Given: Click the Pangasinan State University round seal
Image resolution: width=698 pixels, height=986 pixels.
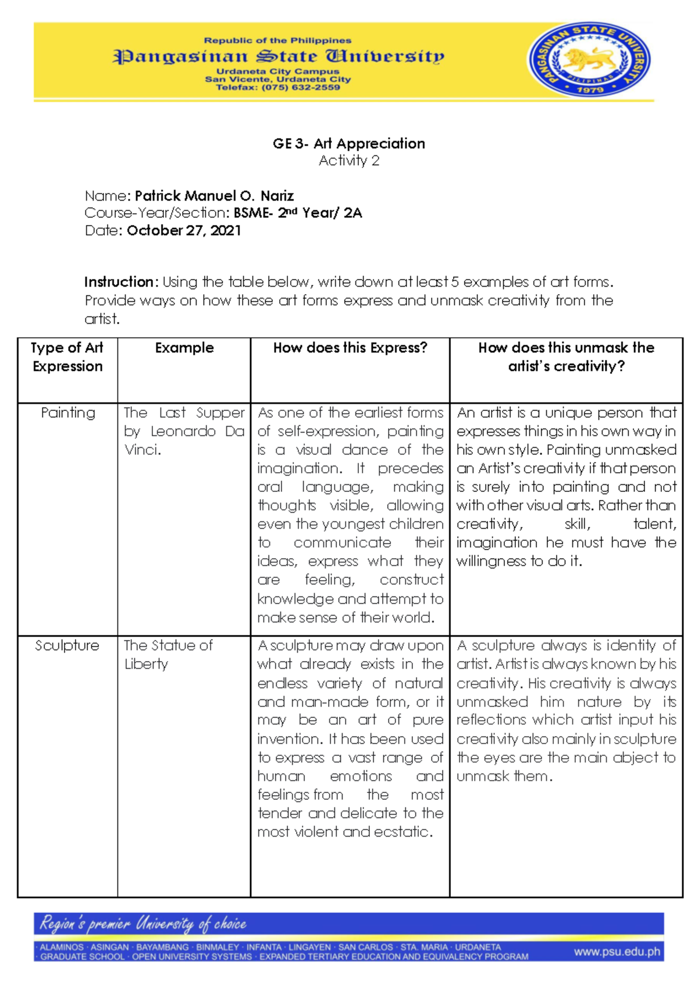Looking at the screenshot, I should point(589,60).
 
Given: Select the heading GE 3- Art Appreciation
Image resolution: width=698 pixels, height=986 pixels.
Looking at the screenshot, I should point(348,143).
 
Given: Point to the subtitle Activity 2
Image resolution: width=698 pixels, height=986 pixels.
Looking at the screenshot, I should point(348,160).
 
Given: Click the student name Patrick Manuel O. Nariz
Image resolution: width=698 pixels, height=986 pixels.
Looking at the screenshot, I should point(214,195).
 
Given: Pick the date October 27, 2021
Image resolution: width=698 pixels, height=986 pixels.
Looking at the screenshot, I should point(184,230).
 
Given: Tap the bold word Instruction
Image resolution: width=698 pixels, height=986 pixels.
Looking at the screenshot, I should point(119,282).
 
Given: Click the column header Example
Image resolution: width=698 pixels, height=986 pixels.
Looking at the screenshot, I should point(184,348).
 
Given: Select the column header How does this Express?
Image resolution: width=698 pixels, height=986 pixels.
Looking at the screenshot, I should point(350,348).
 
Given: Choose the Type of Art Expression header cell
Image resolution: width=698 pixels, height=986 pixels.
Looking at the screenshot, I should point(67,357).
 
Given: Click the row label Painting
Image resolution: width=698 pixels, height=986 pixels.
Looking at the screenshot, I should point(67,413).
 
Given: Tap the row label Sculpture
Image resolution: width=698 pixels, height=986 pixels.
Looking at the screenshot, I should point(67,645).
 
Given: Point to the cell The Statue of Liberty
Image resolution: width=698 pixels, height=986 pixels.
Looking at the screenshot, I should point(168,655).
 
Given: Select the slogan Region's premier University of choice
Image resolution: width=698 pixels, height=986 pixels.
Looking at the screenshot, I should point(143,923).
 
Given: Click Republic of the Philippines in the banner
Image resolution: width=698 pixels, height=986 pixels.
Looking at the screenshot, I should point(277,41).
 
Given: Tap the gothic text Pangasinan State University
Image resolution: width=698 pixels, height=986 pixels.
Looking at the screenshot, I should point(278,56).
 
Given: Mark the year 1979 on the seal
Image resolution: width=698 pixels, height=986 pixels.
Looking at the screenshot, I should point(589,89).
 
